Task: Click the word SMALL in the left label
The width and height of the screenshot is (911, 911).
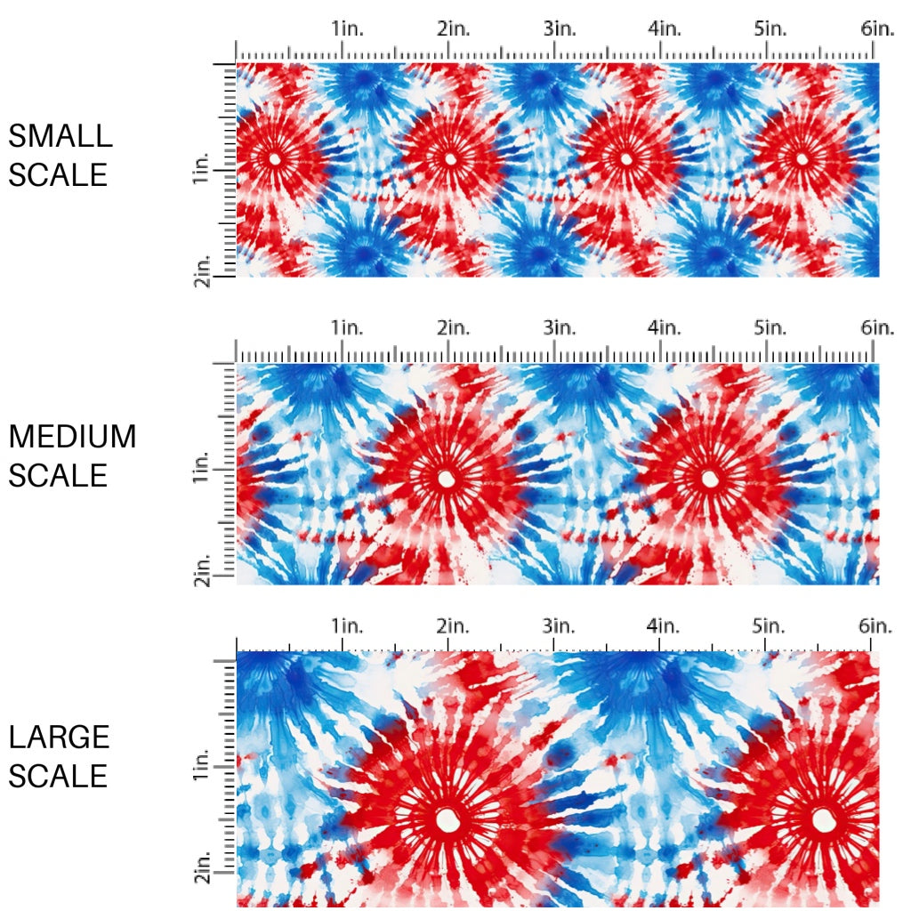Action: tap(60, 136)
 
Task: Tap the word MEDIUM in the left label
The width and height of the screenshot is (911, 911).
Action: tap(73, 437)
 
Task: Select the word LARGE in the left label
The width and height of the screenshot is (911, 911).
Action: tap(60, 737)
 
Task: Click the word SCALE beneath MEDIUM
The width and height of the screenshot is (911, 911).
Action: tap(58, 475)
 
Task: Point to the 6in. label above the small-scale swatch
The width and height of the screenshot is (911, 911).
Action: tap(877, 28)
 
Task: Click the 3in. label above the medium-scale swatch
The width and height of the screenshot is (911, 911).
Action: tap(559, 328)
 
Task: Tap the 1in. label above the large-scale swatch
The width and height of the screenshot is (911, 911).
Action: tap(347, 626)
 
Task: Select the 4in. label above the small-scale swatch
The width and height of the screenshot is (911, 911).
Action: tap(665, 28)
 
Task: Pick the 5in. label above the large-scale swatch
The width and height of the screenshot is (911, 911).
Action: tap(770, 626)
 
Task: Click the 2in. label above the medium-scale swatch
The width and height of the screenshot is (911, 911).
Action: tap(453, 328)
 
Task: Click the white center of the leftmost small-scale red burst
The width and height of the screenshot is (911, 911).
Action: tap(274, 159)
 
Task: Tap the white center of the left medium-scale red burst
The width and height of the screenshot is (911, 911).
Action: tap(445, 479)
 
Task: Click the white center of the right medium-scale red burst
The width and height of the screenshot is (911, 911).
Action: tap(709, 479)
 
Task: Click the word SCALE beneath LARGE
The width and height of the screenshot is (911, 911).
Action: tap(58, 776)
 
